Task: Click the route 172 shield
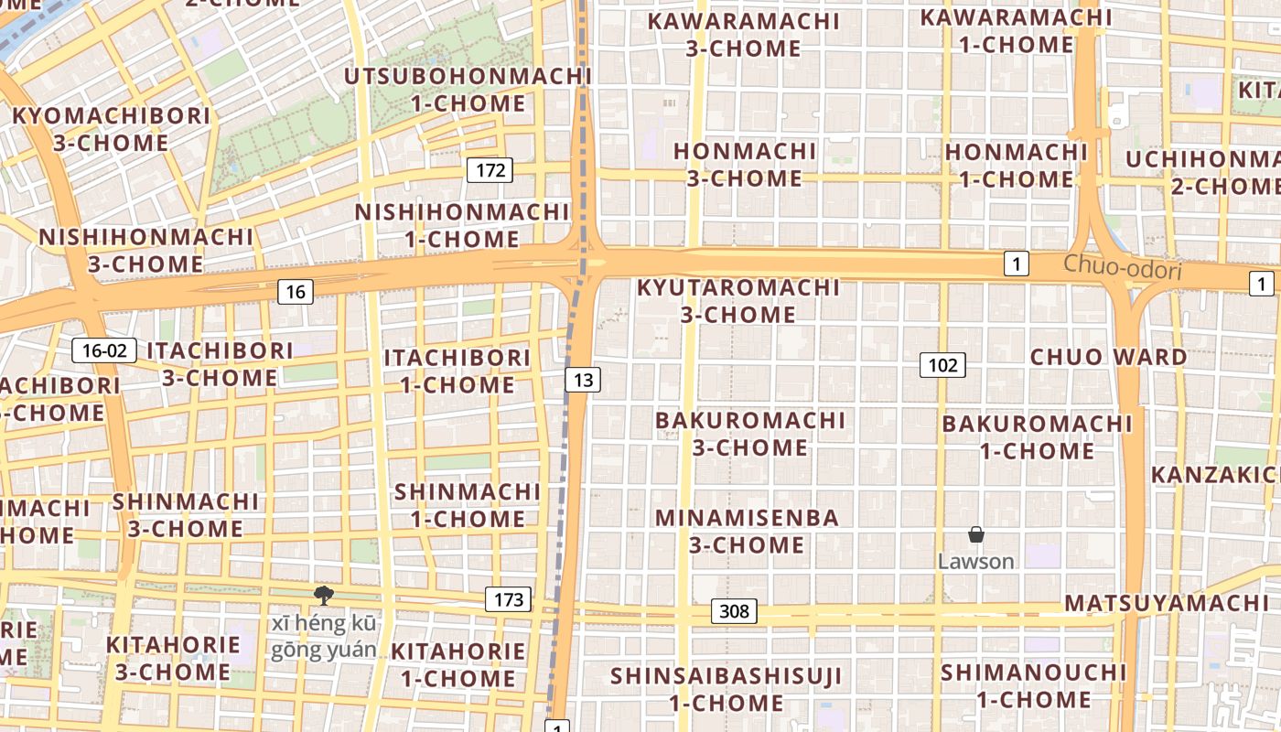[x=490, y=169]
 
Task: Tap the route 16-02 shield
[x=104, y=350]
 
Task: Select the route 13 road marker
[x=583, y=380]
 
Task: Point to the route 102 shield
[x=942, y=366]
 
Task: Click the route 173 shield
[x=508, y=599]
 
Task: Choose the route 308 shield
[x=734, y=611]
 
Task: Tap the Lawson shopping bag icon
[x=976, y=534]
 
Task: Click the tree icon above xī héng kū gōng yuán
[x=323, y=596]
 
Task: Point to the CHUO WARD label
[x=1109, y=357]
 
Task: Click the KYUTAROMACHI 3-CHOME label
[x=738, y=301]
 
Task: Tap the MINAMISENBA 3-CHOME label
[x=748, y=532]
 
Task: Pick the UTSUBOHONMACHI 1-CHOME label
[x=468, y=90]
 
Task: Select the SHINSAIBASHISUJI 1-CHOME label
[x=727, y=690]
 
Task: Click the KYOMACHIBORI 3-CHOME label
[x=111, y=129]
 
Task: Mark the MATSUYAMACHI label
[x=1167, y=603]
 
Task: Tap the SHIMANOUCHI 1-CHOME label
[x=1034, y=686]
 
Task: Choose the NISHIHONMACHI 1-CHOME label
[x=462, y=226]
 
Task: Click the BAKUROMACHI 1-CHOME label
[x=1038, y=437]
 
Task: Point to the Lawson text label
[x=976, y=561]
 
